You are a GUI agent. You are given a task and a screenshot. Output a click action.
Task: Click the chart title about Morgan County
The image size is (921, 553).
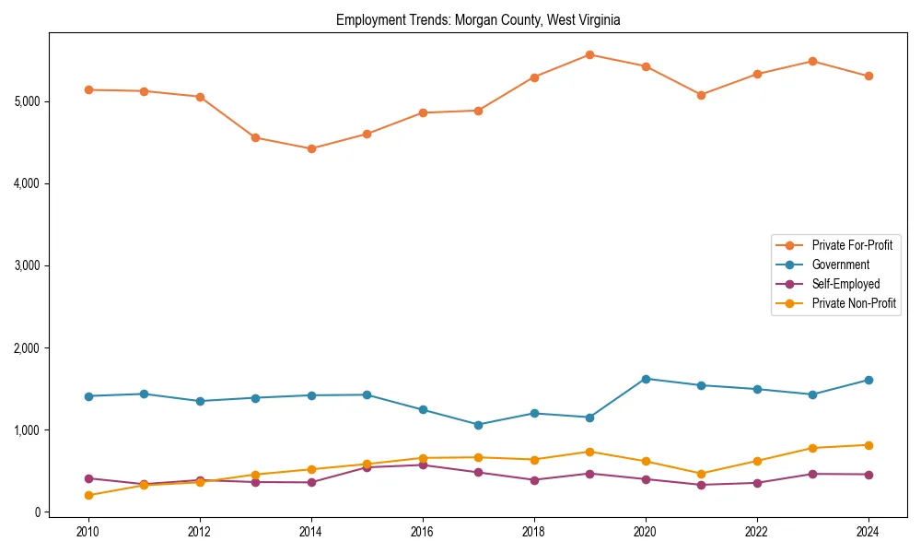(x=478, y=19)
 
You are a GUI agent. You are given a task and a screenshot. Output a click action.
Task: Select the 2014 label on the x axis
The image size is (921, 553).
(x=311, y=532)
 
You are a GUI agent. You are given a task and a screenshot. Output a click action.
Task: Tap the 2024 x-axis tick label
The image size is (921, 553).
(x=869, y=532)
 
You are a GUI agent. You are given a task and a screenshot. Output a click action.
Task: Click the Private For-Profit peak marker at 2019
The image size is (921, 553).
(x=589, y=54)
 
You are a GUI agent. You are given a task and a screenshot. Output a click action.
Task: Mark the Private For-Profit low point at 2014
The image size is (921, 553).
(x=311, y=148)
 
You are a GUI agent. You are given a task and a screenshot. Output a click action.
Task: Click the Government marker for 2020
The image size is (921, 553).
(x=646, y=379)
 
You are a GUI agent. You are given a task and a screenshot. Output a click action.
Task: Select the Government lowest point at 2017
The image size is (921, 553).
(x=478, y=425)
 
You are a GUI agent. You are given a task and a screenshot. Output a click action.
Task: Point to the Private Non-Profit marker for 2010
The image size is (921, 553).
(x=88, y=495)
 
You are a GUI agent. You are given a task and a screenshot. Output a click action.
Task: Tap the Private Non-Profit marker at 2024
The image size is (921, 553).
(x=869, y=445)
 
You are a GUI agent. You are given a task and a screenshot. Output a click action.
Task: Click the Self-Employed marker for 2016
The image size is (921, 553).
(x=423, y=465)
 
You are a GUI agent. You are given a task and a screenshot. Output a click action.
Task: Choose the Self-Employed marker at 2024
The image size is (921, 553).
(x=869, y=475)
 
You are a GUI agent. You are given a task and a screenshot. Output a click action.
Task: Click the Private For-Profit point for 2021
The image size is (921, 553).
(x=701, y=95)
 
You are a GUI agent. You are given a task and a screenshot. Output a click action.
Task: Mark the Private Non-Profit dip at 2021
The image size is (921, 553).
(x=701, y=474)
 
